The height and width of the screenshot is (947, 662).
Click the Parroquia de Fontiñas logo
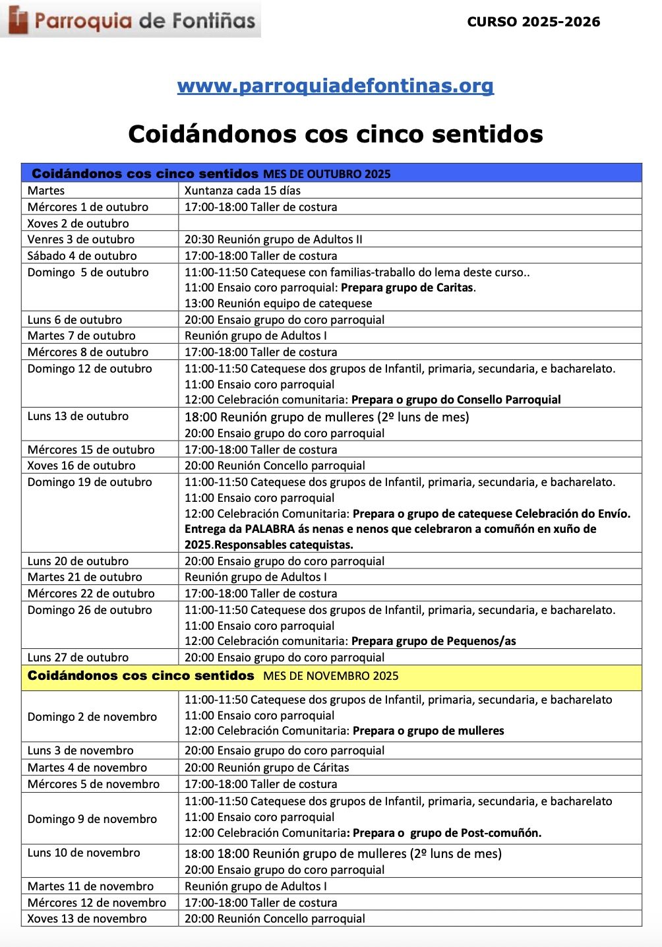click(131, 20)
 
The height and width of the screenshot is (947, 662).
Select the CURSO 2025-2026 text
click(533, 22)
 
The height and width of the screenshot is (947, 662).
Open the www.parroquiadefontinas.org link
click(335, 86)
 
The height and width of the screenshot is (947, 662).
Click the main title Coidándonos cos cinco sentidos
click(335, 134)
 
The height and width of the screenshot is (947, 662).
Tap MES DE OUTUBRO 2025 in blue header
click(326, 174)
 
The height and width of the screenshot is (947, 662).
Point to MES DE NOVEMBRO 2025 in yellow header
click(330, 676)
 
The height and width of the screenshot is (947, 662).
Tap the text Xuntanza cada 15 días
click(242, 191)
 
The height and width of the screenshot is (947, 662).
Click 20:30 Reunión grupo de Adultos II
click(273, 239)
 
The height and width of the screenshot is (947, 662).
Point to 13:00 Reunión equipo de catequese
click(278, 303)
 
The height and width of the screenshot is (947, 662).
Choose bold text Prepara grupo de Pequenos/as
click(433, 641)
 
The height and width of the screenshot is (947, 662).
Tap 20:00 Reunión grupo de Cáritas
click(266, 768)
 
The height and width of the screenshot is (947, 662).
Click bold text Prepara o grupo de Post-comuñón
click(446, 833)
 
